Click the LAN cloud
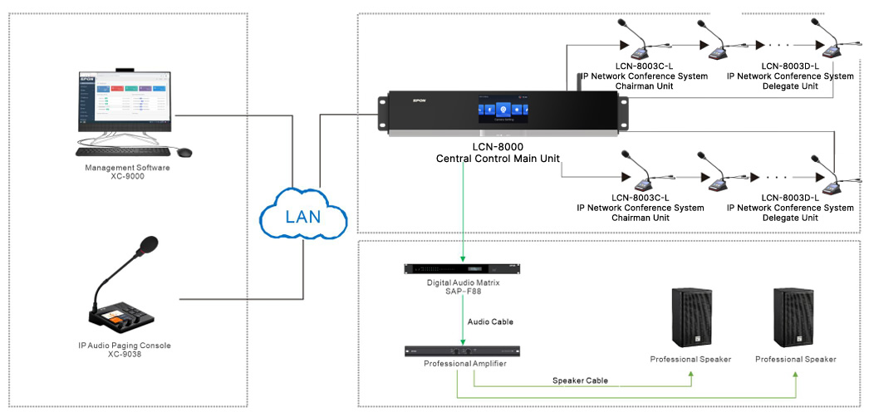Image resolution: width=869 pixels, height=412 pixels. (302, 218)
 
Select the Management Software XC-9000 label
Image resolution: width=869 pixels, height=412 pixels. (127, 172)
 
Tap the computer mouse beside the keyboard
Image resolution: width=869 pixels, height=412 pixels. (184, 152)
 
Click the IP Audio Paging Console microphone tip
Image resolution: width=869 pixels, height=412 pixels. (148, 244)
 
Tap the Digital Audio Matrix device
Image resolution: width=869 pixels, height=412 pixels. (462, 268)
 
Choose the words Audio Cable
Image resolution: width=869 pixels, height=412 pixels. (491, 321)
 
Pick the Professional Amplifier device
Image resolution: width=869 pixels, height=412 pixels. (462, 351)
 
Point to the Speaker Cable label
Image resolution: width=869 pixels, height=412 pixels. (581, 380)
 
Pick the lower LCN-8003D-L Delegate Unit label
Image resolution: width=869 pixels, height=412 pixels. (790, 208)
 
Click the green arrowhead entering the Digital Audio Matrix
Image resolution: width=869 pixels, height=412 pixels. (462, 258)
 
